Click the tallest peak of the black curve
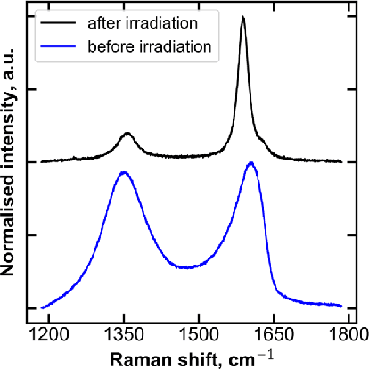(x=243, y=18)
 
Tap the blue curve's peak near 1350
(x=123, y=172)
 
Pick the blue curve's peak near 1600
(x=251, y=163)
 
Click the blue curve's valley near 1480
(x=184, y=267)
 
